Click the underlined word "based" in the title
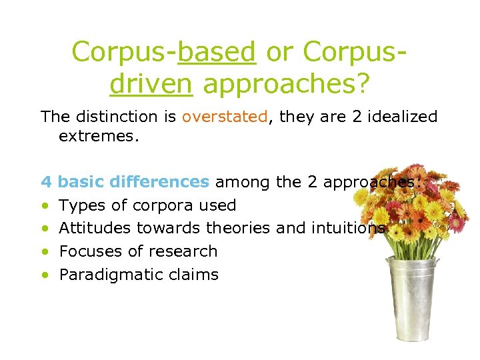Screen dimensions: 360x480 click(x=217, y=52)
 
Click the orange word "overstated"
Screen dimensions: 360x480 click(x=225, y=117)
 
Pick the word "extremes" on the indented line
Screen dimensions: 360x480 click(x=95, y=136)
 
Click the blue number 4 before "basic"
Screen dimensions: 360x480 click(x=46, y=181)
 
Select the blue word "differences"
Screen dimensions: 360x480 click(x=166, y=181)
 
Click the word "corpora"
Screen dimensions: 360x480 click(x=161, y=205)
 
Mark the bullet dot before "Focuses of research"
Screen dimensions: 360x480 click(x=45, y=252)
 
